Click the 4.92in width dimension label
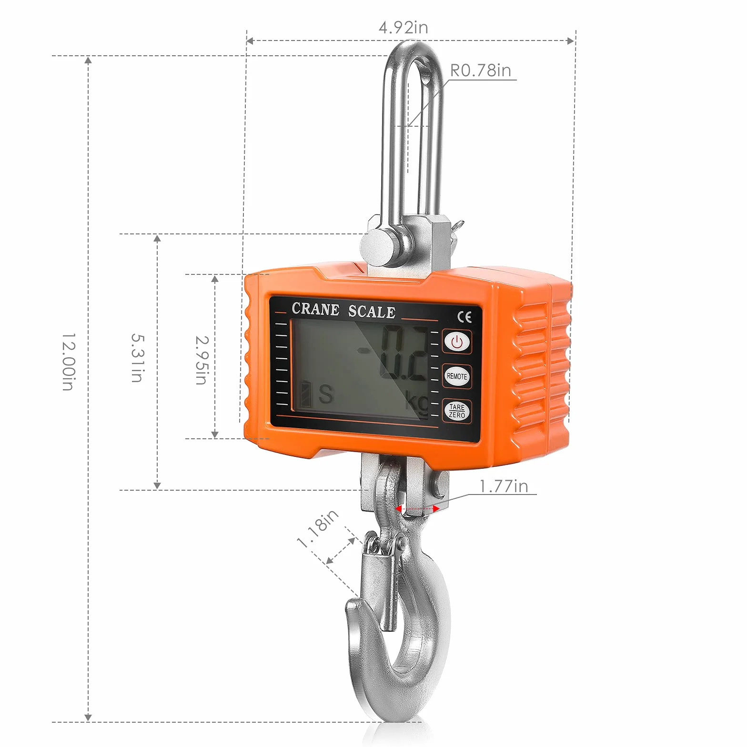[403, 27]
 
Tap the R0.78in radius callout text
[480, 70]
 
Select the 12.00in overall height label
[69, 362]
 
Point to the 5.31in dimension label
[137, 358]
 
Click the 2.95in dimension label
[202, 360]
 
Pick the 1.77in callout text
[504, 486]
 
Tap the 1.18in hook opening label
[318, 528]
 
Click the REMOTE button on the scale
[457, 376]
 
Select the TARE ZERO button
[457, 411]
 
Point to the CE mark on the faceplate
[464, 317]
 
